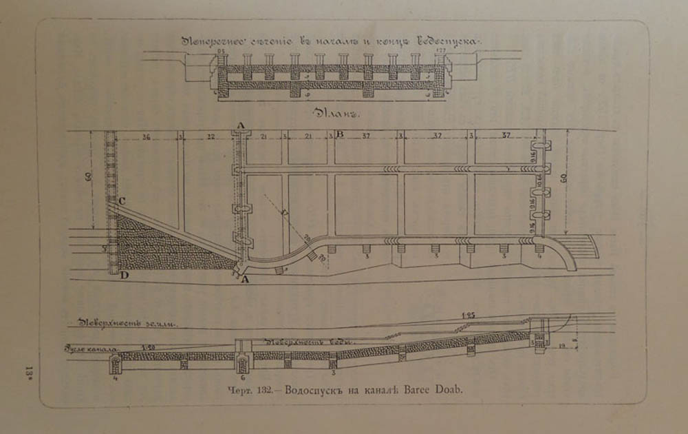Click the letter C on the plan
[121, 200]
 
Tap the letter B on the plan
[340, 134]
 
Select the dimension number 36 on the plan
[146, 136]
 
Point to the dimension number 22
[211, 136]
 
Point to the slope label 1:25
[470, 315]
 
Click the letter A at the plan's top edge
[239, 124]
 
